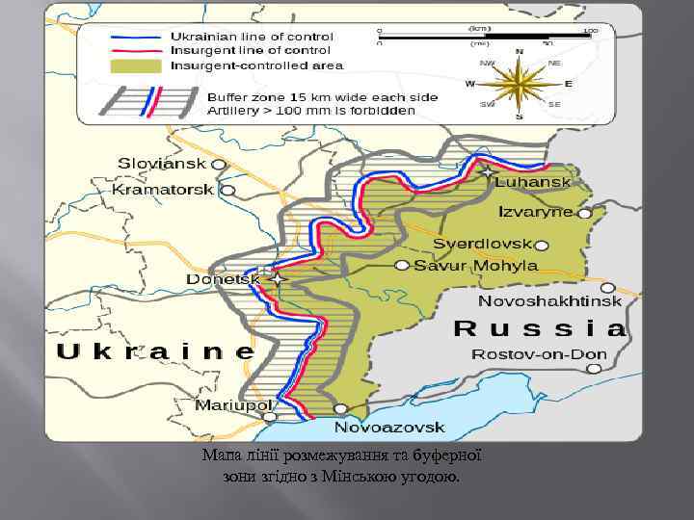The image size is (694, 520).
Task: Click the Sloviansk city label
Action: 163,165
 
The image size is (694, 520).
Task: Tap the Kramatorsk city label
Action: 163,190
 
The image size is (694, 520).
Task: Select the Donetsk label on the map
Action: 223,279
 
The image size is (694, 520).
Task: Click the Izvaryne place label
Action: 535,212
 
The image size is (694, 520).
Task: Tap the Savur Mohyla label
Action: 475,265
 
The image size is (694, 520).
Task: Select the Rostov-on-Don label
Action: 539,354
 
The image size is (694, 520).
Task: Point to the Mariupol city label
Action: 233,405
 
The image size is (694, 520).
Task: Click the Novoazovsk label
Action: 389,427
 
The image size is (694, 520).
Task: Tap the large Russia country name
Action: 540,328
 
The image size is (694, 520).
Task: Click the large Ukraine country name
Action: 155,351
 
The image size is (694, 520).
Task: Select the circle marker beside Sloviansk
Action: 220,165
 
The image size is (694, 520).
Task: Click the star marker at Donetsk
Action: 279,279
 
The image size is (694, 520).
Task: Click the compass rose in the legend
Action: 519,84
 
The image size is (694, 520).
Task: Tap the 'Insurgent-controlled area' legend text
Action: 256,66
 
